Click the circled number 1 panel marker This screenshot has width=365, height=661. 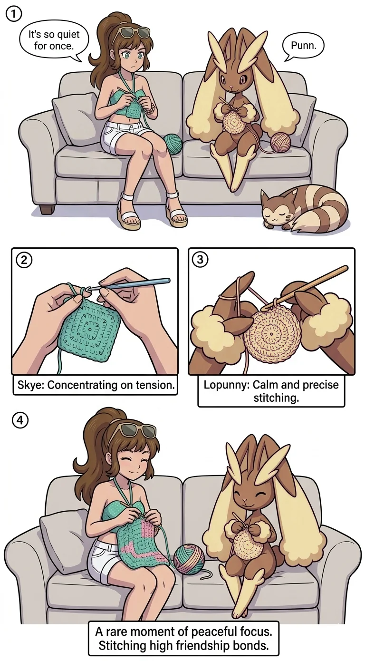click(x=13, y=14)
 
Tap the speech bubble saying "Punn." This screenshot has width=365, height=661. click(x=303, y=46)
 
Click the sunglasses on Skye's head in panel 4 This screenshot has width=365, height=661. click(x=138, y=431)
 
